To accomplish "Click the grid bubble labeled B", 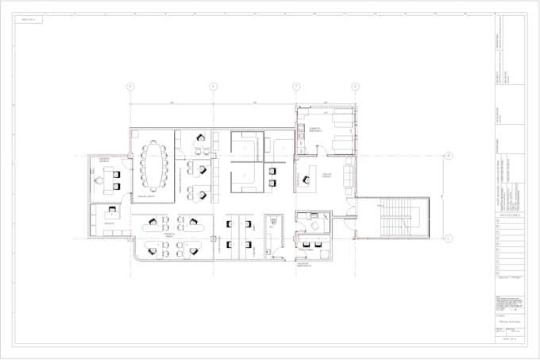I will coord(448,156).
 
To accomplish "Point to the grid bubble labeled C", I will coord(448,238).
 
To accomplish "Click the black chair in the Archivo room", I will coord(111,213).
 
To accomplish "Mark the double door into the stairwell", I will coord(356,220).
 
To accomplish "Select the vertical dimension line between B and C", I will coord(439,196).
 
